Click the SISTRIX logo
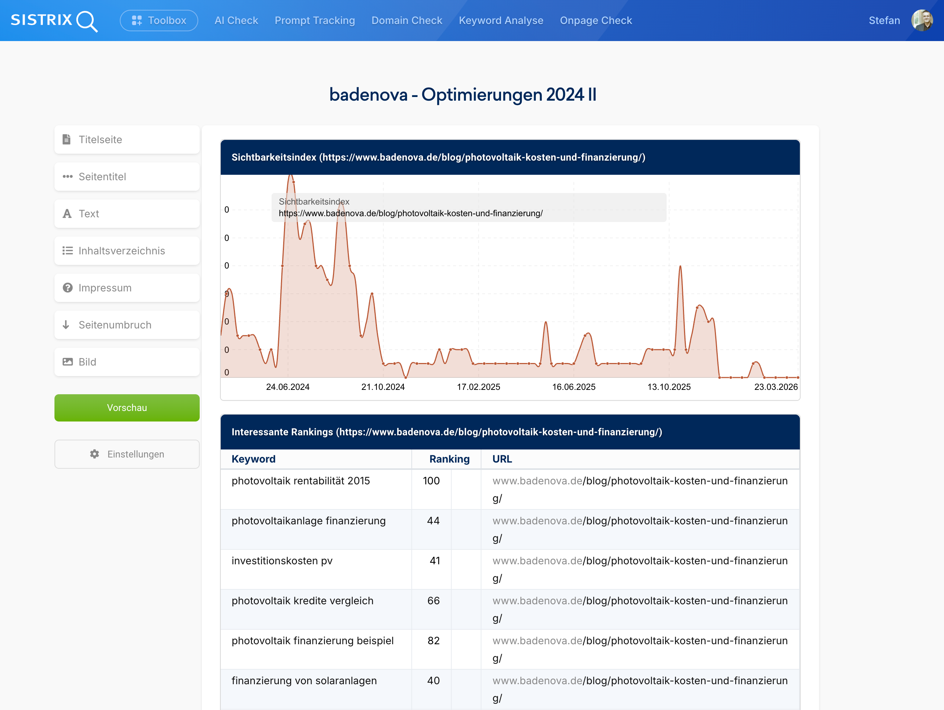coord(54,20)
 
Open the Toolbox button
coord(159,20)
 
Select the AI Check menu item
coord(236,20)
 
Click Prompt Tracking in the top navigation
coord(314,20)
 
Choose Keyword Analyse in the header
coord(501,20)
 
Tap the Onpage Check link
coord(595,20)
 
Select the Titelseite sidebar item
coord(127,140)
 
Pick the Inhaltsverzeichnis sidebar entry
coord(127,251)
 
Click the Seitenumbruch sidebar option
coord(127,325)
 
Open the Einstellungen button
coord(127,454)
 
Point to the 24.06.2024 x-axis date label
coord(288,387)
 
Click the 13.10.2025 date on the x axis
coord(669,387)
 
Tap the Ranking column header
coord(449,459)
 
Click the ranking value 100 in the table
coord(431,481)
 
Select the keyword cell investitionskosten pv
coord(282,561)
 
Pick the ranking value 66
coord(433,601)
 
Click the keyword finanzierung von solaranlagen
coord(304,681)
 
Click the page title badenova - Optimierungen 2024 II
coord(463,95)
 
